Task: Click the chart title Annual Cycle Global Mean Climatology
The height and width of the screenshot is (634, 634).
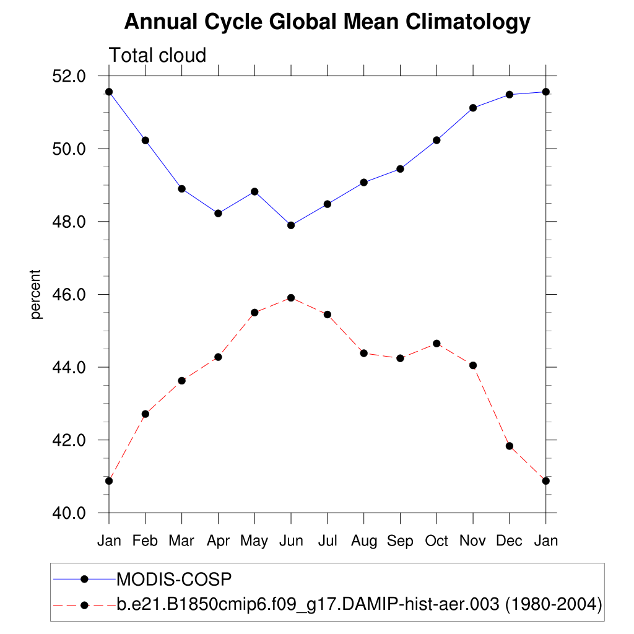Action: (x=327, y=22)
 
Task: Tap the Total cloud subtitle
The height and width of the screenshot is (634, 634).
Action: (x=157, y=56)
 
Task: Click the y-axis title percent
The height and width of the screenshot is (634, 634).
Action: (x=37, y=294)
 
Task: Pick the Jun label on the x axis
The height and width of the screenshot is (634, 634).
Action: (x=291, y=541)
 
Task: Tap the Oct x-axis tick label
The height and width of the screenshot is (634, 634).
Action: (x=436, y=541)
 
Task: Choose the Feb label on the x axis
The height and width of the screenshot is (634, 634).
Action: (x=145, y=541)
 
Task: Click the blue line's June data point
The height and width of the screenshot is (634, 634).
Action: (x=291, y=225)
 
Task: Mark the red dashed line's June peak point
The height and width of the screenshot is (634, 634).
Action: (x=291, y=298)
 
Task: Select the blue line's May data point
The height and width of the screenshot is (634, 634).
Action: (x=254, y=192)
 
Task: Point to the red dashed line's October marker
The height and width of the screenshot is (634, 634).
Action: (x=436, y=344)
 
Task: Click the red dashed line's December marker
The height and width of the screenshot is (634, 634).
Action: (x=510, y=446)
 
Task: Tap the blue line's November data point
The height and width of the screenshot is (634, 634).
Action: (x=473, y=108)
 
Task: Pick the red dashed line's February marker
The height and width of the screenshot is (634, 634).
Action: (x=145, y=414)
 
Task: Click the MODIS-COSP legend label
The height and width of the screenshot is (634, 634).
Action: (x=174, y=580)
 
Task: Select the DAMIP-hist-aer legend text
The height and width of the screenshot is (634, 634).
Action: (x=359, y=604)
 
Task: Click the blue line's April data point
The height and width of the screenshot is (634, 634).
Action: (x=218, y=214)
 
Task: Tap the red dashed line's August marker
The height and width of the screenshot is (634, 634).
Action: (x=364, y=354)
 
